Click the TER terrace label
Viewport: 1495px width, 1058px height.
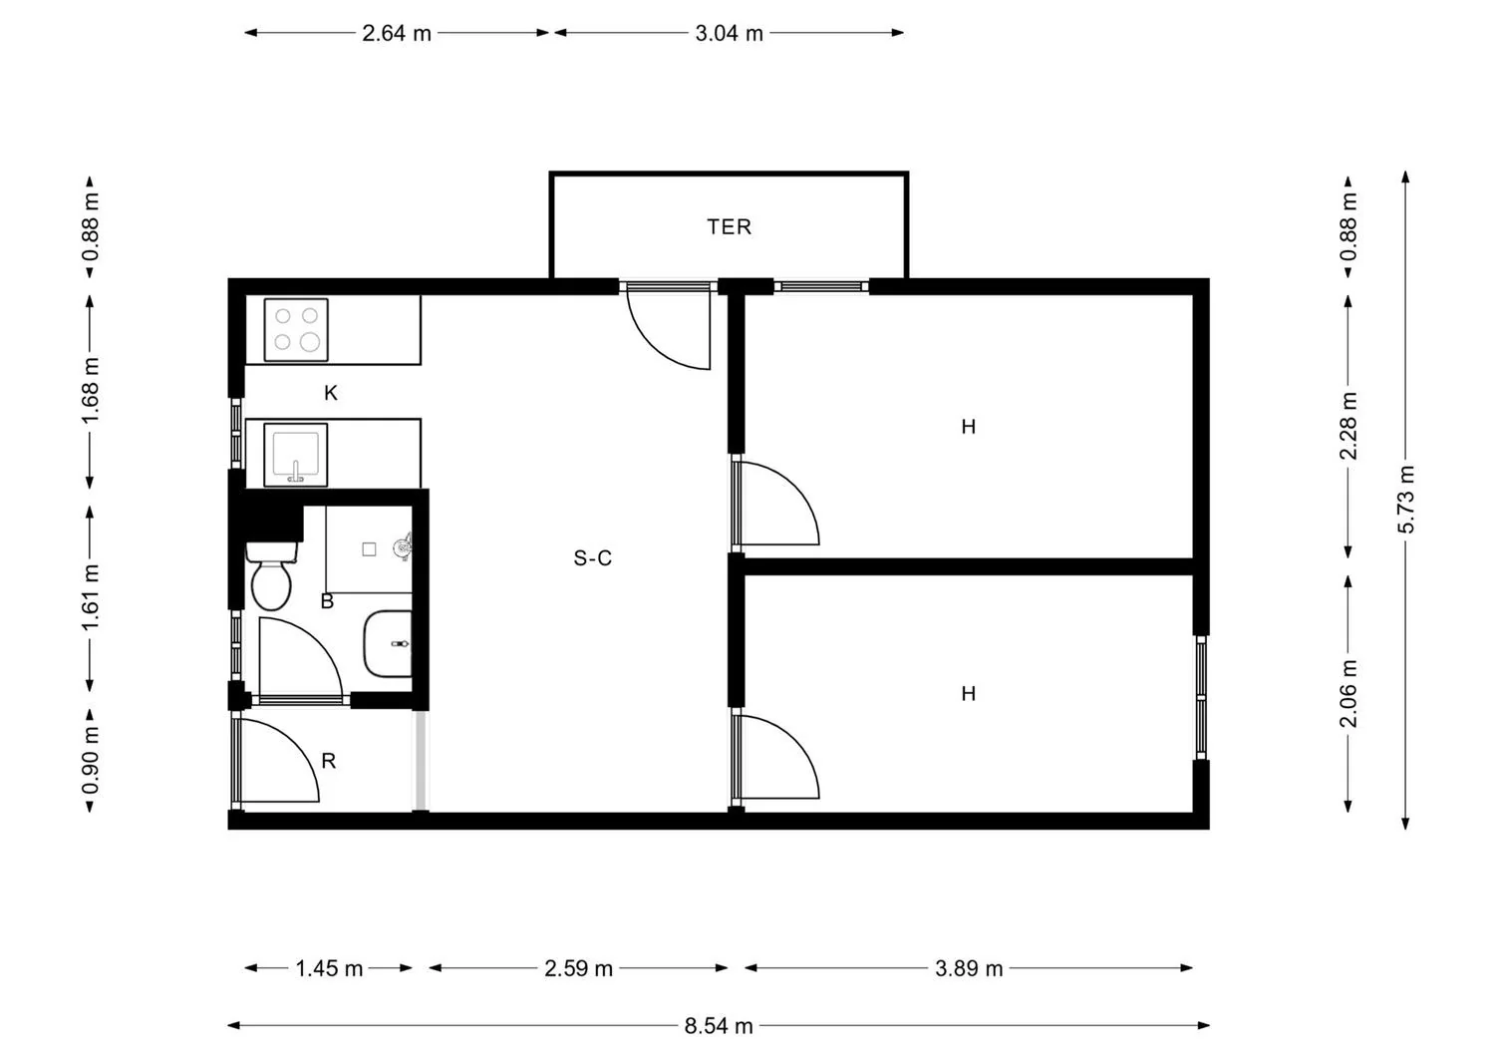tap(729, 227)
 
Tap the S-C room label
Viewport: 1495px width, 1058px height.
tap(592, 557)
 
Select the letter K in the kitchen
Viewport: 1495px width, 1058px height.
tap(330, 393)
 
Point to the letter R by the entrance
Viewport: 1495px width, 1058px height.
tap(328, 761)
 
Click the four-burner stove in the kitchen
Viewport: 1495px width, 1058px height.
tap(296, 329)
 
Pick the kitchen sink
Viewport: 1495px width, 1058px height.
tap(296, 454)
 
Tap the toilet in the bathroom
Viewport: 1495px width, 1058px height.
tap(271, 575)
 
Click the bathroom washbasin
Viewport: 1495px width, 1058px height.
tap(388, 643)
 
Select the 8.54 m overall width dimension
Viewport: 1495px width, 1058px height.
tap(719, 1025)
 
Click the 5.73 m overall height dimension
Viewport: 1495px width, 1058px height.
tap(1405, 499)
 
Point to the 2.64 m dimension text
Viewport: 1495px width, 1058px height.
tap(397, 33)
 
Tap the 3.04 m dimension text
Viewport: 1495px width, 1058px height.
tap(729, 33)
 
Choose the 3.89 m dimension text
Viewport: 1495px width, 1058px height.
tap(969, 968)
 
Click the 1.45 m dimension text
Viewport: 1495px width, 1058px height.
tap(329, 968)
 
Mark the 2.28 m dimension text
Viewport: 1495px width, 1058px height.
tap(1347, 426)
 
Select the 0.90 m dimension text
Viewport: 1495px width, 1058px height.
tap(90, 762)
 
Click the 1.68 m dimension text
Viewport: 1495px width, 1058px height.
tap(90, 391)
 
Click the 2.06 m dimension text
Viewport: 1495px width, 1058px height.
tap(1347, 693)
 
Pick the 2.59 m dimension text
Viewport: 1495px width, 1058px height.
tap(578, 968)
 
